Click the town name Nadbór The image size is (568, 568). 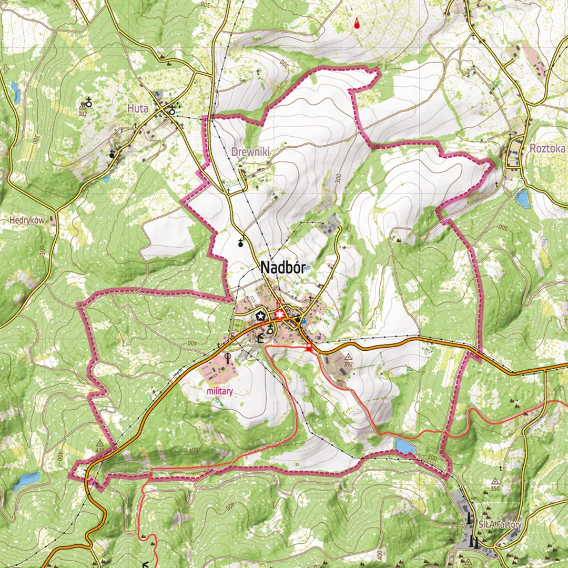coord(282,268)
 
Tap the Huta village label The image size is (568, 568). coord(138,108)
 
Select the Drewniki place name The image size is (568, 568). coord(250,151)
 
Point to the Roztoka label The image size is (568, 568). coord(547,148)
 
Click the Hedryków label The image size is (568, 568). coord(27,220)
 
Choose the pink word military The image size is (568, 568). coord(219,391)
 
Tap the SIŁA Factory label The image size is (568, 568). coord(500,524)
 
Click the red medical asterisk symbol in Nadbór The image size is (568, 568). coord(280,315)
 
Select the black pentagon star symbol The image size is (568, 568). coord(260,316)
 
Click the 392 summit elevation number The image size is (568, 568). coord(348,363)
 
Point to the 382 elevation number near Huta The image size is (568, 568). coord(82,114)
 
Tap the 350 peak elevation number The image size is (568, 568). coord(495,489)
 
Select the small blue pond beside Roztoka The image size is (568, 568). coord(523,198)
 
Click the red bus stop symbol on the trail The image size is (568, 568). coord(309,348)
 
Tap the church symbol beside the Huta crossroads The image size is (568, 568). coord(171,110)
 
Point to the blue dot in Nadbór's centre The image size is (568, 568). coord(304,321)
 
